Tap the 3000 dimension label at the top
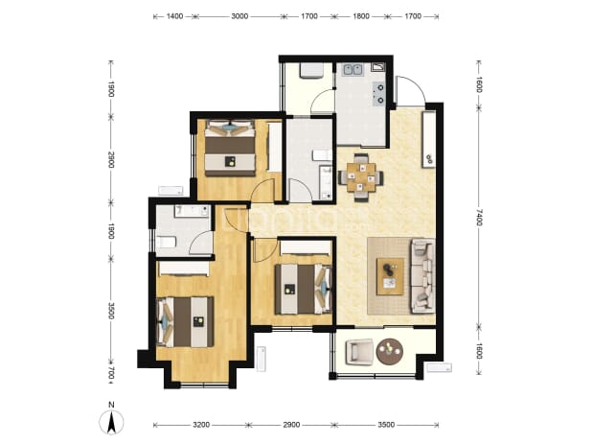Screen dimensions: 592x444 click(239, 16)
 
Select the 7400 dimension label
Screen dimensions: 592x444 click(479, 217)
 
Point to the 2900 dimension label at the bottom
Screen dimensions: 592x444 click(291, 425)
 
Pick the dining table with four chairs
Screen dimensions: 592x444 click(361, 176)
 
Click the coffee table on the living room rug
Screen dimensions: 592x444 click(391, 276)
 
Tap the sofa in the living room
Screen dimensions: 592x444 click(422, 275)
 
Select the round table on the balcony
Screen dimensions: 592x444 click(390, 351)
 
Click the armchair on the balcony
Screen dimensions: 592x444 click(359, 351)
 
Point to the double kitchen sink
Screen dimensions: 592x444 click(353, 70)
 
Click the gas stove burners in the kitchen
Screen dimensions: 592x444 click(378, 93)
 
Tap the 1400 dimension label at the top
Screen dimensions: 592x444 click(174, 16)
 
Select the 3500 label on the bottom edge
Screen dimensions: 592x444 click(386, 425)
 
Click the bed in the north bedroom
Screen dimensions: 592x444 click(230, 148)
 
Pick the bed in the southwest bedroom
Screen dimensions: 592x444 click(186, 322)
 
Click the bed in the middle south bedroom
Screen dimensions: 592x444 click(304, 289)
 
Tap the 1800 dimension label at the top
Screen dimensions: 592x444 click(360, 16)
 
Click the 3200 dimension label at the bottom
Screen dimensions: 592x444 click(201, 425)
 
